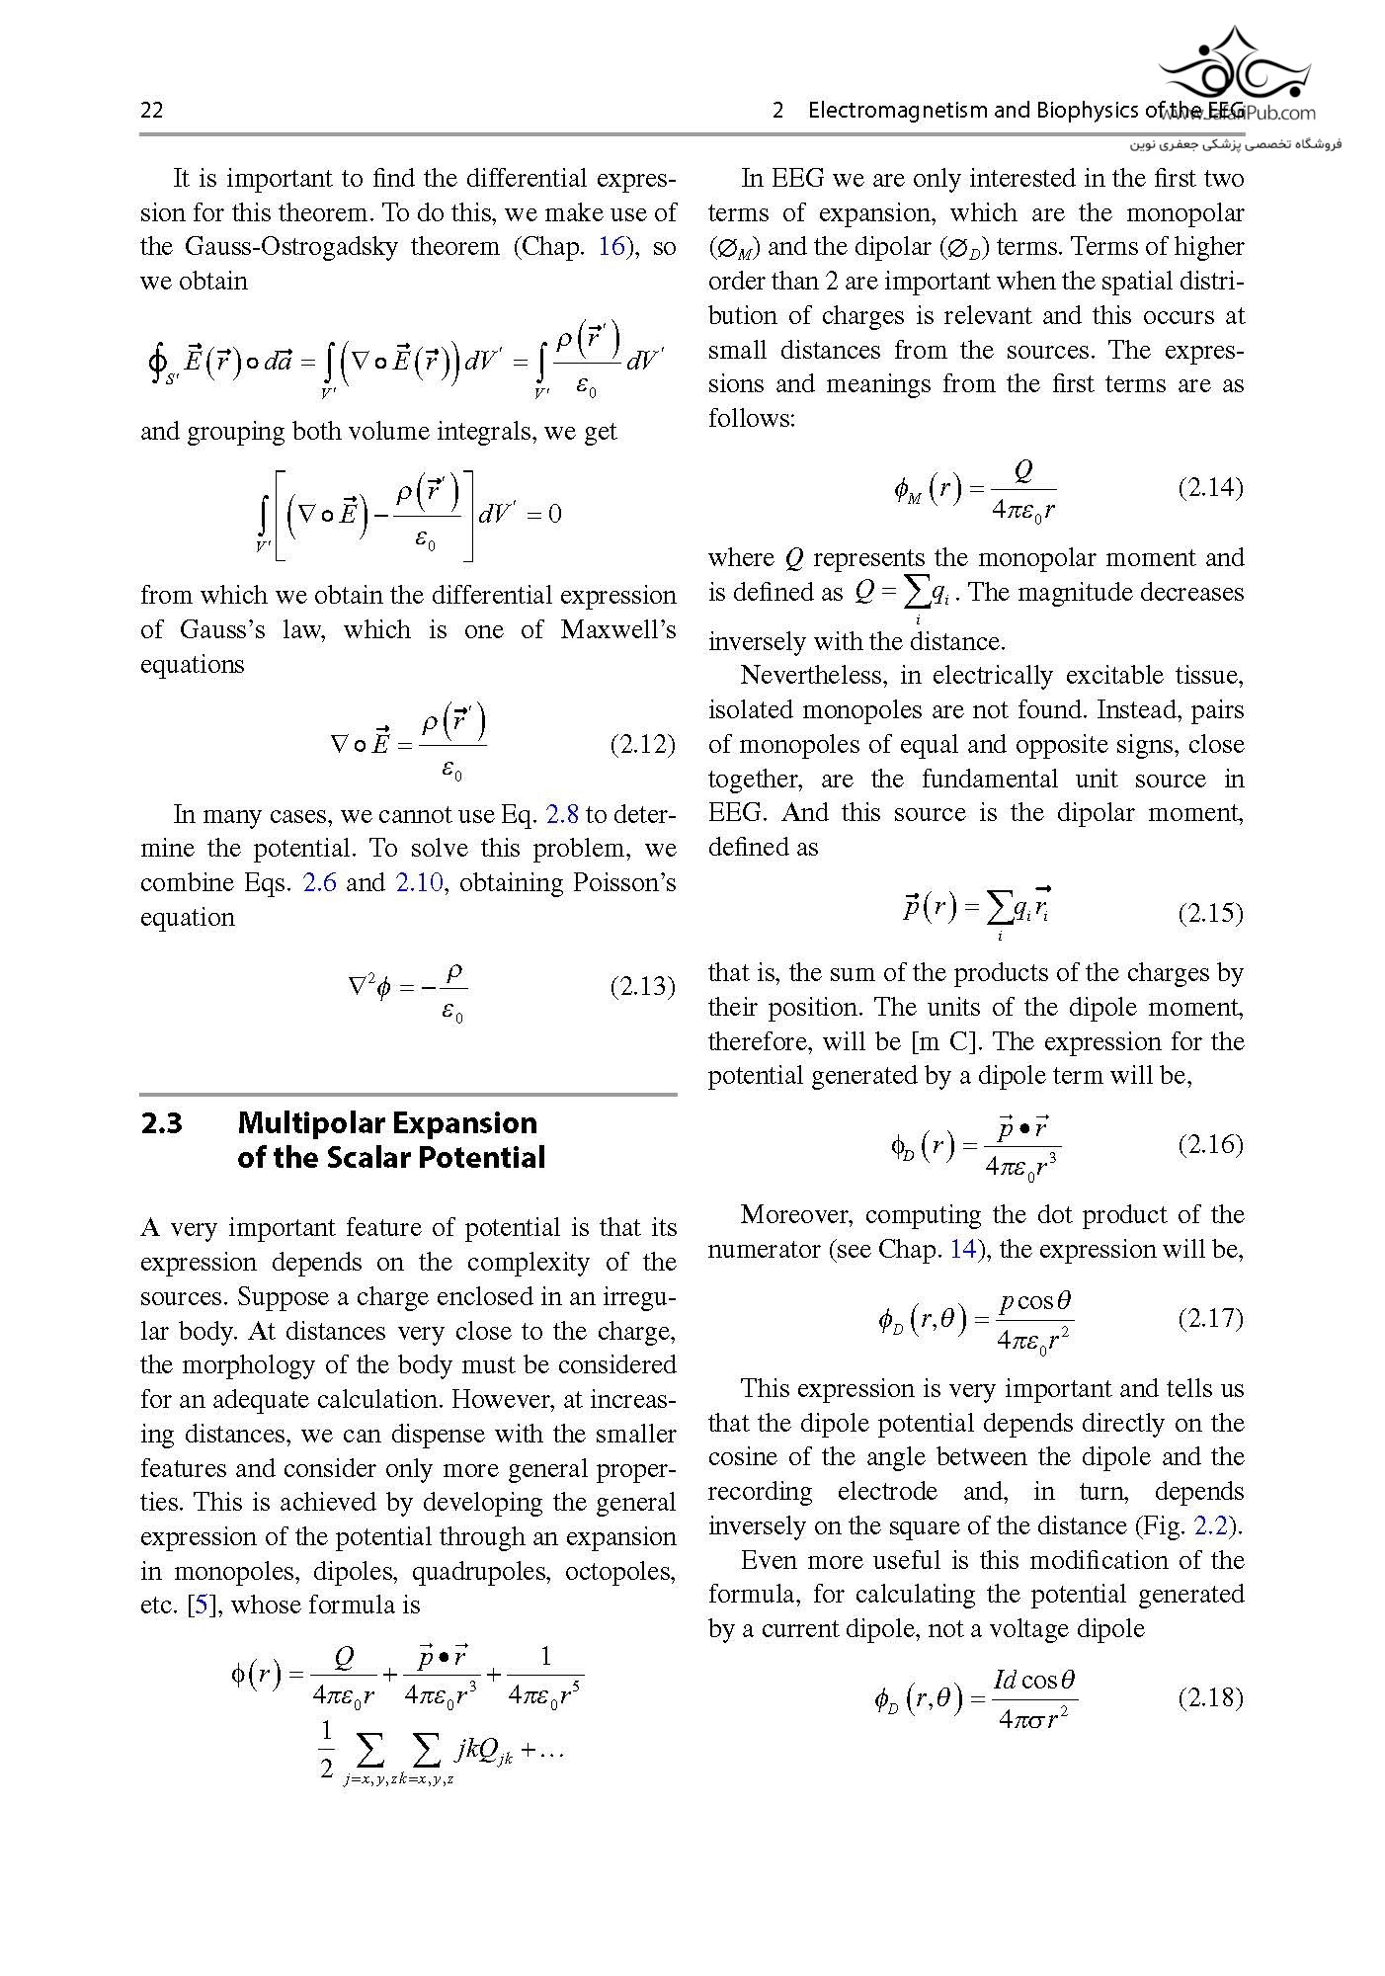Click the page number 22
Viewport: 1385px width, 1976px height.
click(x=152, y=110)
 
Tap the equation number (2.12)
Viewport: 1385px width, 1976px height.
click(x=642, y=744)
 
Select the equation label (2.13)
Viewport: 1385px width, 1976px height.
click(x=642, y=986)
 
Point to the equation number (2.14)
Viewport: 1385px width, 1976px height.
click(x=1210, y=487)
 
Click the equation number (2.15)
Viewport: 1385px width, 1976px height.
click(x=1210, y=912)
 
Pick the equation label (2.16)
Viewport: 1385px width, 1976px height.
click(x=1210, y=1144)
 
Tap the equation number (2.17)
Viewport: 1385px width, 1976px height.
click(x=1210, y=1318)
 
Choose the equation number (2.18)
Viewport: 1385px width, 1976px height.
click(x=1210, y=1697)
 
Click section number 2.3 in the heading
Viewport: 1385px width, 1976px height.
click(x=161, y=1123)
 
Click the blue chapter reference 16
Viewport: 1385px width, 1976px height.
click(x=611, y=246)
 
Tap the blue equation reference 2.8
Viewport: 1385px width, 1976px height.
click(x=562, y=814)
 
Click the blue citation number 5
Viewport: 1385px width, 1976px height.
click(x=202, y=1605)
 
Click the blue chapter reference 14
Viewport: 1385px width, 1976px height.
click(x=962, y=1249)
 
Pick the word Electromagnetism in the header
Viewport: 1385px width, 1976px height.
click(x=898, y=110)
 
